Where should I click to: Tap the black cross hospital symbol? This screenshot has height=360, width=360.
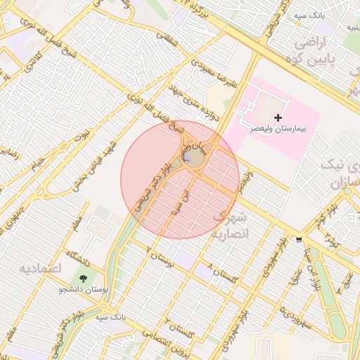coord(278,117)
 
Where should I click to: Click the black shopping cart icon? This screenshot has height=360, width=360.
coord(299,239)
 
